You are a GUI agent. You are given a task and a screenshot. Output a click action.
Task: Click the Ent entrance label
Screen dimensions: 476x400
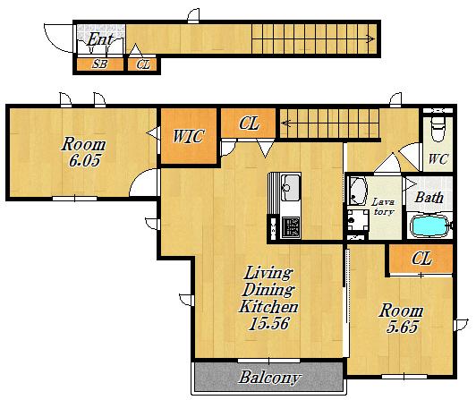pyautogui.click(x=100, y=39)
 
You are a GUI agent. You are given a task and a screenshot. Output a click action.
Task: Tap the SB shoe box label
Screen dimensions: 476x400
pyautogui.click(x=100, y=64)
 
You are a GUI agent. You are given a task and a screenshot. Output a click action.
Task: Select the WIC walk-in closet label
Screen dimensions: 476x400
pyautogui.click(x=188, y=136)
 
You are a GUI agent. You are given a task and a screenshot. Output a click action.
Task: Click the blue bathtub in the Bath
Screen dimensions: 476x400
pyautogui.click(x=430, y=226)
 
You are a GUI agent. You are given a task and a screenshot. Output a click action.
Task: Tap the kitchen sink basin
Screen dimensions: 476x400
pyautogui.click(x=291, y=187)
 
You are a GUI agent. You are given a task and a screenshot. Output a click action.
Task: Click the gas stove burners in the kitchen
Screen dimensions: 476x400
pyautogui.click(x=291, y=227)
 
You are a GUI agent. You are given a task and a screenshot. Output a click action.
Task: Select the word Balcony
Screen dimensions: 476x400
pyautogui.click(x=269, y=378)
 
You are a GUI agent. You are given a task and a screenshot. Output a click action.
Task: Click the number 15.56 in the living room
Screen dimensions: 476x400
pyautogui.click(x=268, y=323)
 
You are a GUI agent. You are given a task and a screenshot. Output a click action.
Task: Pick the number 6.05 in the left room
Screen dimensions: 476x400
pyautogui.click(x=84, y=160)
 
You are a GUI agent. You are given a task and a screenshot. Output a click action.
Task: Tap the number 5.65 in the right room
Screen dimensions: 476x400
pyautogui.click(x=403, y=327)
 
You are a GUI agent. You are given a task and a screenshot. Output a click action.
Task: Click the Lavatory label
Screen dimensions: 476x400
pyautogui.click(x=384, y=207)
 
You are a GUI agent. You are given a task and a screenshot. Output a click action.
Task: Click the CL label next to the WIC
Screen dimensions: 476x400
pyautogui.click(x=250, y=123)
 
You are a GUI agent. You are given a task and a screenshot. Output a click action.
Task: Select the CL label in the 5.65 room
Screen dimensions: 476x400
pyautogui.click(x=421, y=259)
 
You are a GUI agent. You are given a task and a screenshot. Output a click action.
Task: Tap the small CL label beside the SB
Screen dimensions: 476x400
pyautogui.click(x=143, y=64)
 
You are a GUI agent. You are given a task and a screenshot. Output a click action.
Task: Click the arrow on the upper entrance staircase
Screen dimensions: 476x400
pyautogui.click(x=370, y=38)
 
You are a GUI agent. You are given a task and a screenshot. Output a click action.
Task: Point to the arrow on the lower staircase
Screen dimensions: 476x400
pyautogui.click(x=286, y=123)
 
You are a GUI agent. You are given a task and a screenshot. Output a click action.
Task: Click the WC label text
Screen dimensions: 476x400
pyautogui.click(x=438, y=159)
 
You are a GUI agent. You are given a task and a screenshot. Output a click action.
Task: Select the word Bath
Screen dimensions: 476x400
pyautogui.click(x=429, y=198)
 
